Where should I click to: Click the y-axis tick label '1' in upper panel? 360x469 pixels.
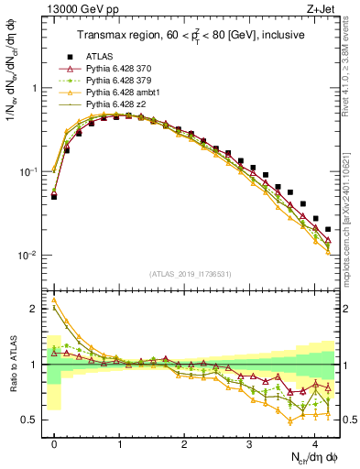34,89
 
